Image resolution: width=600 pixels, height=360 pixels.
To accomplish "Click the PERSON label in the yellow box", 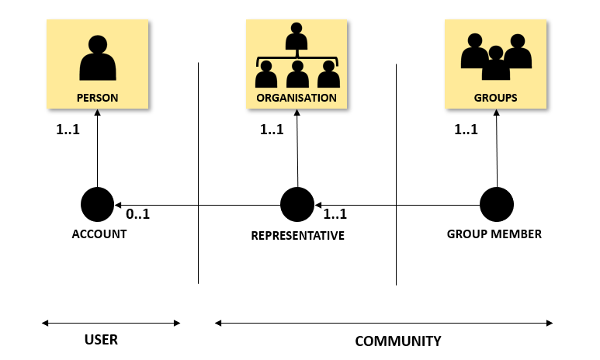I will point(97,99).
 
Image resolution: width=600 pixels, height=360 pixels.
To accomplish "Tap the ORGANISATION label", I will point(297,99).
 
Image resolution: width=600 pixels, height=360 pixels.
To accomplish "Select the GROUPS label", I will point(495,99).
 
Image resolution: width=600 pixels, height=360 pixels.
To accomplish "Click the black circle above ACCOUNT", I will point(98,204).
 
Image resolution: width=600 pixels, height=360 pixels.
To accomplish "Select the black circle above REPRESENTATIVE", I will point(297,205).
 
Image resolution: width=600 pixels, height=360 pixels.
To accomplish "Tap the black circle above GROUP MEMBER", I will point(496,205).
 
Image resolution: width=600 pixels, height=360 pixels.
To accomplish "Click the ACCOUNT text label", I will point(99,234).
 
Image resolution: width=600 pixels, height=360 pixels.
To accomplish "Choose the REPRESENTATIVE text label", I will point(297,235).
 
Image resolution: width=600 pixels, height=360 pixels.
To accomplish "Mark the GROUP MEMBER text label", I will point(494,234).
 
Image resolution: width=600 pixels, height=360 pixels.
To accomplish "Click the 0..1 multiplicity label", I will point(137,213).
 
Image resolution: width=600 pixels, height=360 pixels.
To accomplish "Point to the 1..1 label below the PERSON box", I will point(68,130).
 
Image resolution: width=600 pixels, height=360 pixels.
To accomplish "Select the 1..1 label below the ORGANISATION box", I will point(272,130).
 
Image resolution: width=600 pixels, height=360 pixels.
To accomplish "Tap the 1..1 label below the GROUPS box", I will point(466,130).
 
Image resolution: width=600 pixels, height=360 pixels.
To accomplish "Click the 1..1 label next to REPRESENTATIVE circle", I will point(335,214).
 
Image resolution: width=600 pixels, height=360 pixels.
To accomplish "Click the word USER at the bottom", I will point(101,340).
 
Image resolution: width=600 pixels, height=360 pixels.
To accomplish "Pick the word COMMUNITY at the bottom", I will point(398,341).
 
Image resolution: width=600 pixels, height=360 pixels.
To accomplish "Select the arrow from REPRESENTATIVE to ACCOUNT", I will point(198,205).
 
